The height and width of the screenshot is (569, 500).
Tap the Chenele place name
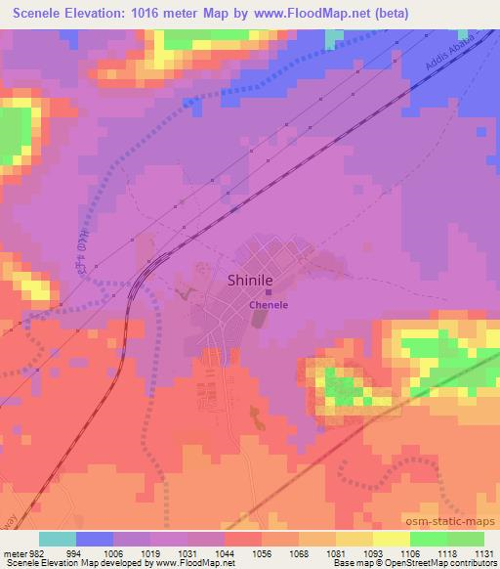pos(268,304)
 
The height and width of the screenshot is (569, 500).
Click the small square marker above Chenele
pos(269,291)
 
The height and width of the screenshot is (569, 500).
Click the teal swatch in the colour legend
pos(57,539)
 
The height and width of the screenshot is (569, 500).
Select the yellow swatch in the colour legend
pos(392,539)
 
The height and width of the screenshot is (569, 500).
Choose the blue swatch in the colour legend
pos(94,539)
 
